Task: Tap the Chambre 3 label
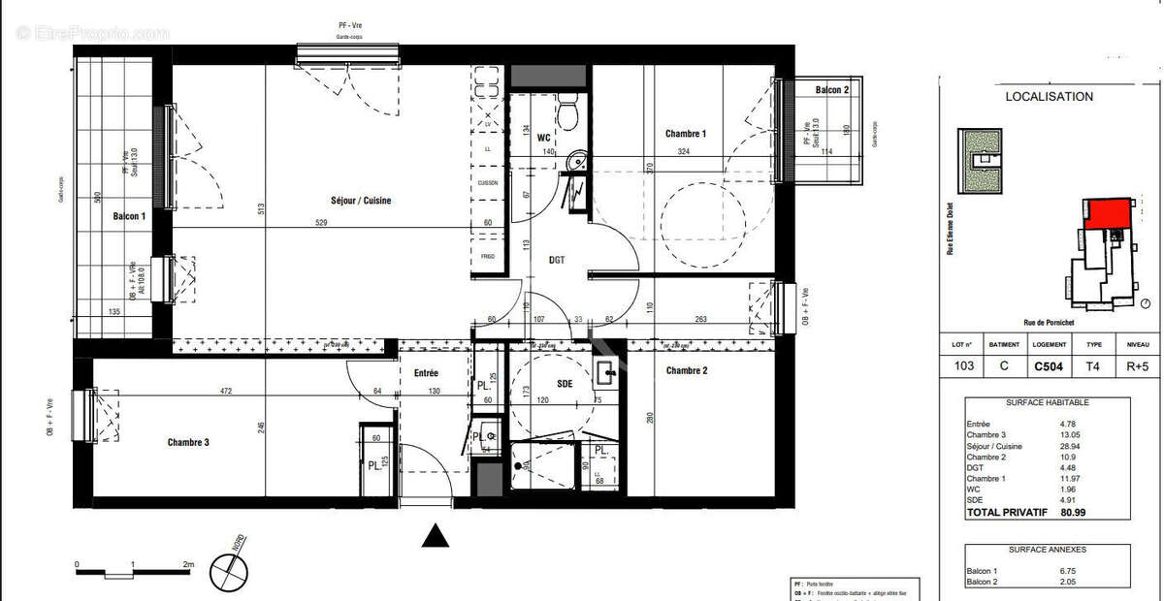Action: [x=188, y=443]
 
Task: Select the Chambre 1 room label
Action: [x=685, y=134]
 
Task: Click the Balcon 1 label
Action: [x=129, y=217]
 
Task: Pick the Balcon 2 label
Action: [x=831, y=90]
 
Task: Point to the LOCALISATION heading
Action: [x=1049, y=97]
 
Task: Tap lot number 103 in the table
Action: [x=964, y=366]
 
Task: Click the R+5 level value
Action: [x=1138, y=366]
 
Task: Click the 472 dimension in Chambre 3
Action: [x=225, y=391]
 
